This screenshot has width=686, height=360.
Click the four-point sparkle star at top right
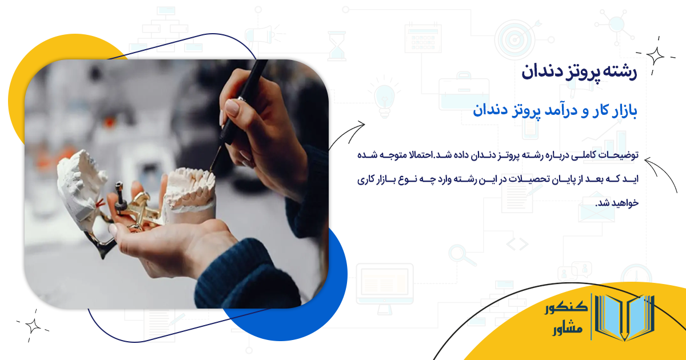(655, 55)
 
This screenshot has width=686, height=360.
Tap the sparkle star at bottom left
(33, 325)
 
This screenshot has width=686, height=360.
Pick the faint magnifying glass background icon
(457, 253)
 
